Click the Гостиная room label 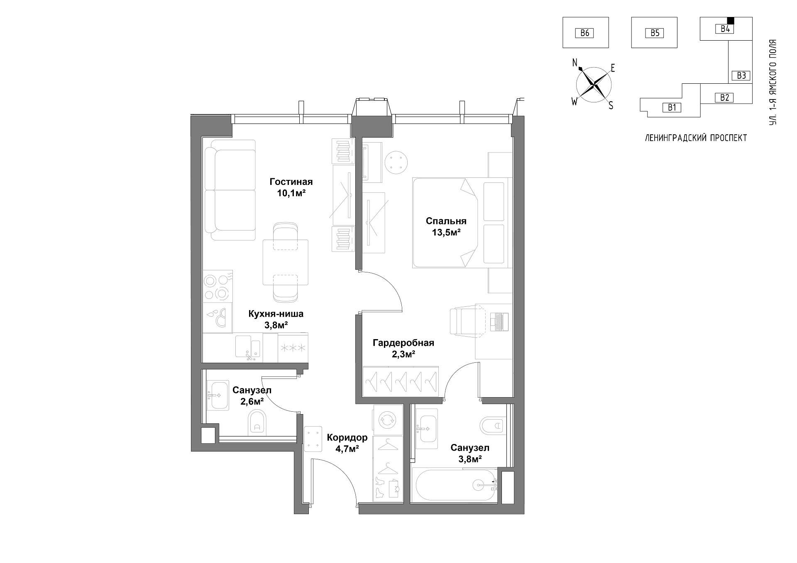pyautogui.click(x=291, y=182)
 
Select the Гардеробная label pyautogui.click(x=403, y=343)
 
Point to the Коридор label pyautogui.click(x=347, y=438)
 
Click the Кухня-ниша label pyautogui.click(x=276, y=314)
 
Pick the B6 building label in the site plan pyautogui.click(x=585, y=33)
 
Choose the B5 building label pyautogui.click(x=655, y=33)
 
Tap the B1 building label pyautogui.click(x=672, y=108)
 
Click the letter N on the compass pyautogui.click(x=575, y=63)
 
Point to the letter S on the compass pyautogui.click(x=611, y=106)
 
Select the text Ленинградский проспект pyautogui.click(x=696, y=138)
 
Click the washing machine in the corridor pyautogui.click(x=388, y=420)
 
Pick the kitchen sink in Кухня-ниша pyautogui.click(x=248, y=347)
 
